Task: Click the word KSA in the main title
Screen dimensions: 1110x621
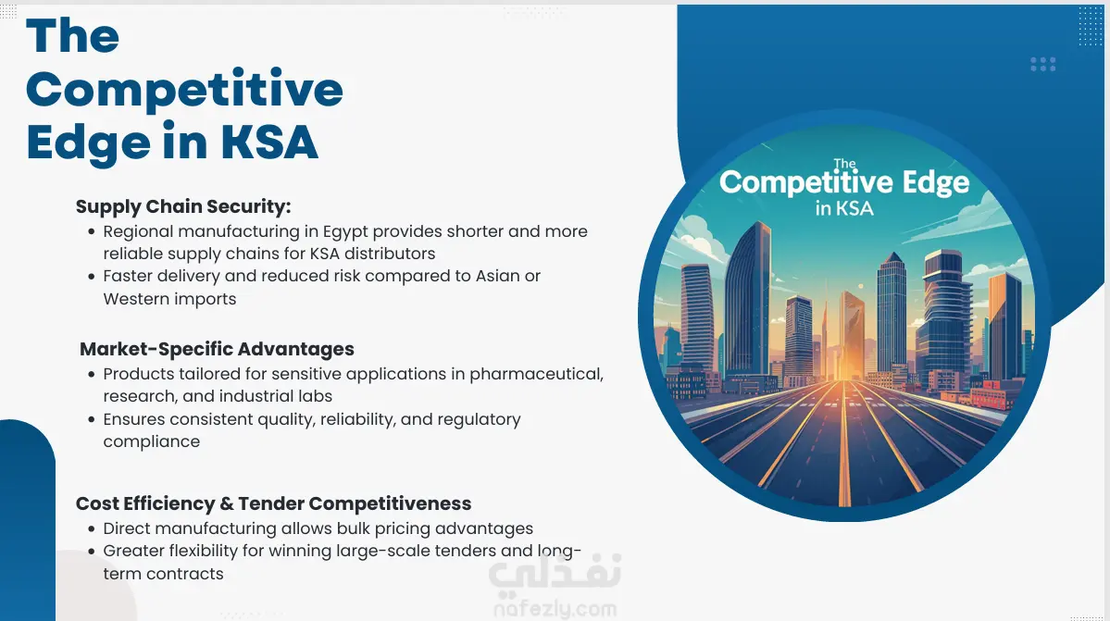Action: click(269, 143)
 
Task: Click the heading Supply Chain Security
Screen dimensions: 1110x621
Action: click(183, 206)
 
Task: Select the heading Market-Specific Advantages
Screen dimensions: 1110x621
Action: click(217, 350)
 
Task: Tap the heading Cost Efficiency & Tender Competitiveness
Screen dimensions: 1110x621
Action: click(273, 503)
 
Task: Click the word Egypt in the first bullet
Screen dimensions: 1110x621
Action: click(345, 232)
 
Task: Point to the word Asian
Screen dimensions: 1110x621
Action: click(498, 276)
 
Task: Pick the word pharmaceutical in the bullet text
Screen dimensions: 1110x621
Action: click(537, 374)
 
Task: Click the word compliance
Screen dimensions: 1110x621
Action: click(152, 442)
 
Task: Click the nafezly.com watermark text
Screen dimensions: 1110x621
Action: click(555, 608)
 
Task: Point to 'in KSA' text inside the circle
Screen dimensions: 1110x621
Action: click(843, 208)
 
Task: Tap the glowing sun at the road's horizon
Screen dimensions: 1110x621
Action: click(861, 287)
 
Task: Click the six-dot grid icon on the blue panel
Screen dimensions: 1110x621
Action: click(1042, 65)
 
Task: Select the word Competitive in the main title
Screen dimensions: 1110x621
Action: click(185, 90)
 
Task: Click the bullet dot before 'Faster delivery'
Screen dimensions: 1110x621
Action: click(92, 277)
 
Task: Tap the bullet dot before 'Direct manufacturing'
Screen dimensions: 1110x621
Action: click(92, 529)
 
